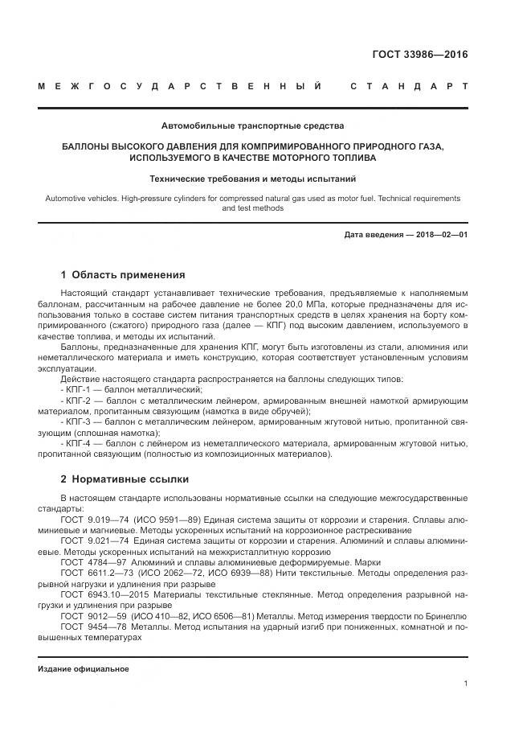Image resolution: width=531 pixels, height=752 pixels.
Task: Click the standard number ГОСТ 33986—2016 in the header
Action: (419, 55)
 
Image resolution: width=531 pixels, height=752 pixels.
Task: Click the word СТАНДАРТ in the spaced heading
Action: (409, 86)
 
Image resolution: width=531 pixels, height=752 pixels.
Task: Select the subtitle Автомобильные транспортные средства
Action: (252, 125)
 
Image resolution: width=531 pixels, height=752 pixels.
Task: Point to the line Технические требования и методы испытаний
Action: (252, 178)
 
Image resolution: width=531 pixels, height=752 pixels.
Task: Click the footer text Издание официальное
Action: (83, 668)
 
